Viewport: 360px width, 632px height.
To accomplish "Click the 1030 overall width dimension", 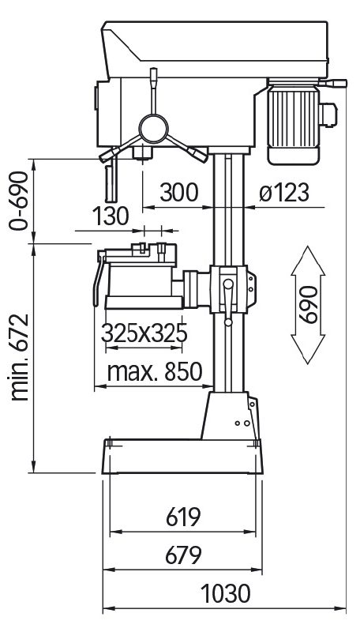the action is pos(226,594).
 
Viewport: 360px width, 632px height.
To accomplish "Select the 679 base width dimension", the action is pos(183,555).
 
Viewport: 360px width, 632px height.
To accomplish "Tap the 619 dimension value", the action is pos(183,517).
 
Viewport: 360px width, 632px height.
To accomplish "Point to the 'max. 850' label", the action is pos(155,371).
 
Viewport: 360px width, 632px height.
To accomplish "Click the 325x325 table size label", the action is pos(144,333).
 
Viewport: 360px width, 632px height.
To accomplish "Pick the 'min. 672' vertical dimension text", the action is pos(19,357).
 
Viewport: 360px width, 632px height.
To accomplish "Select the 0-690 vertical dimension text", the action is pos(19,201).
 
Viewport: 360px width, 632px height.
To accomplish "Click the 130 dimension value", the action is pos(111,216).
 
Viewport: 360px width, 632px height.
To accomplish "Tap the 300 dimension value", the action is pos(179,192).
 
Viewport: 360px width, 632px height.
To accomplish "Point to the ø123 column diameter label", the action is pos(284,193).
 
